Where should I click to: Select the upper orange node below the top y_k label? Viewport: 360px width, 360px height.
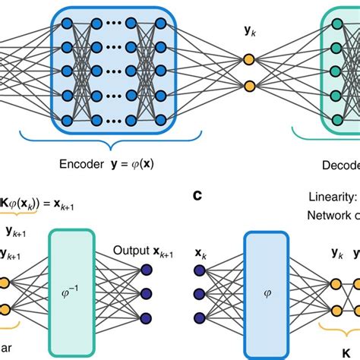(248, 59)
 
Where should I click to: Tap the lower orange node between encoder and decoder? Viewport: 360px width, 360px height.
(248, 85)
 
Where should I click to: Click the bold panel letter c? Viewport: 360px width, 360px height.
(196, 196)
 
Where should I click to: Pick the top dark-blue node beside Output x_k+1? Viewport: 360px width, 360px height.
(147, 267)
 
